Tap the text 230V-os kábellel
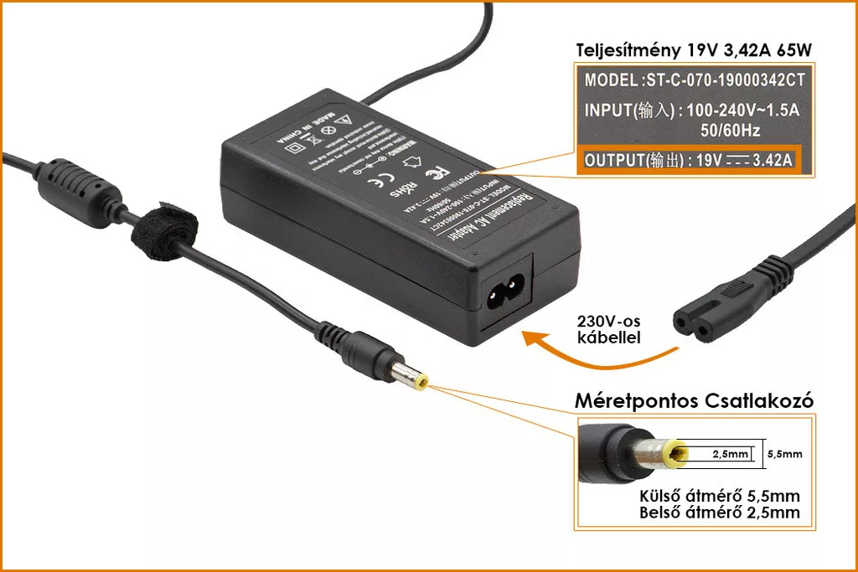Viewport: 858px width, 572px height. coord(608,329)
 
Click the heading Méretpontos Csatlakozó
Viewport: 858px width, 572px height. coord(694,401)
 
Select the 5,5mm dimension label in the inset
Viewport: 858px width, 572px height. coord(784,455)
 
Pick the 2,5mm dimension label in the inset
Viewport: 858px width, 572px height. coord(729,455)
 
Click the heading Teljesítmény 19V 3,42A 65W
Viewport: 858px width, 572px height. coord(693,49)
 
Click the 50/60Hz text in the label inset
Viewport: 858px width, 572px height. coord(730,131)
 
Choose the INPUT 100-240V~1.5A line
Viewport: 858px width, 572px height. coord(692,111)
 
